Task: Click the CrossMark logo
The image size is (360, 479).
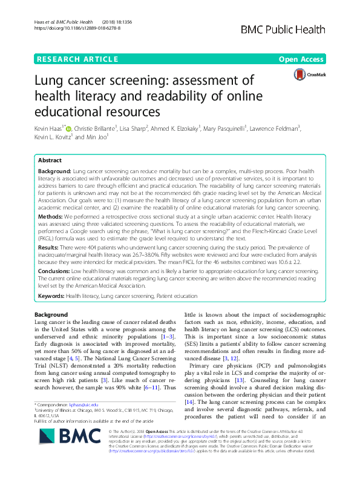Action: pyautogui.click(x=307, y=75)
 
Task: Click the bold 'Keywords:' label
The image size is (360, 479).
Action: pyautogui.click(x=52, y=296)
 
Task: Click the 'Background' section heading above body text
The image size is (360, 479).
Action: pyautogui.click(x=51, y=315)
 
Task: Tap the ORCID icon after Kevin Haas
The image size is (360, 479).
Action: pyautogui.click(x=68, y=128)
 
